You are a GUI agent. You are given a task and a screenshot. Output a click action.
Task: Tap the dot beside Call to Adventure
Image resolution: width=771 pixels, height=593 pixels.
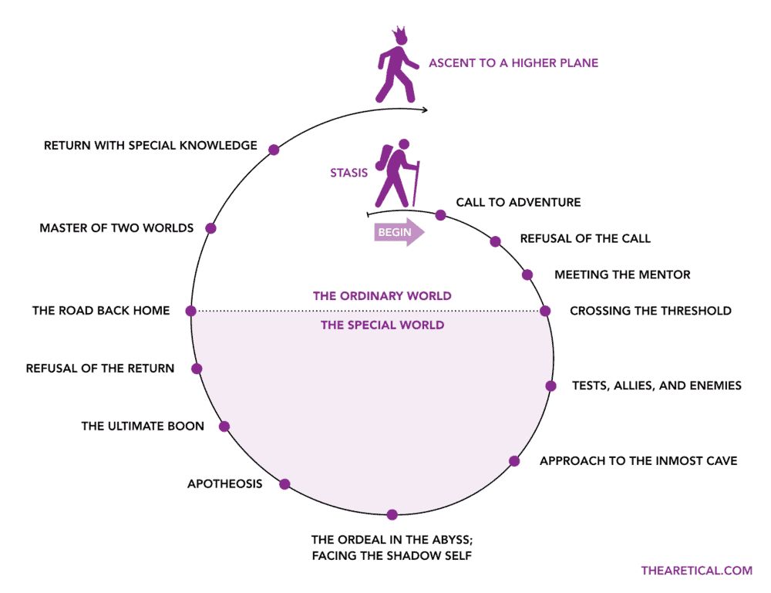[440, 215]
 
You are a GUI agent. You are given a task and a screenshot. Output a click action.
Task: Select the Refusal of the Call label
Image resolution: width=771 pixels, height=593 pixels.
[585, 238]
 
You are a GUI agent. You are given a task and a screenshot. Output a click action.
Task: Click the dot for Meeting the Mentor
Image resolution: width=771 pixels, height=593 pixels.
[527, 275]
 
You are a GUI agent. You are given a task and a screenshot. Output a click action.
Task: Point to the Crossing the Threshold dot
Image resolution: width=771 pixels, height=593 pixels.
[545, 311]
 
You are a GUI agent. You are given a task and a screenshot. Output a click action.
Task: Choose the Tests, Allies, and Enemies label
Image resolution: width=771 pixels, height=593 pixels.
[656, 385]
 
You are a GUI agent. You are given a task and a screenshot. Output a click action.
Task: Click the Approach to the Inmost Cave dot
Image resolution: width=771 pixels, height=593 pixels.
[514, 461]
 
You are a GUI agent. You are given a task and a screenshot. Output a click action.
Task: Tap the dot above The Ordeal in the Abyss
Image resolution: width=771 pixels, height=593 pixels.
[392, 514]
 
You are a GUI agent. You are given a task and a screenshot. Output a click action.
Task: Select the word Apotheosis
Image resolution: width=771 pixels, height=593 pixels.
[224, 483]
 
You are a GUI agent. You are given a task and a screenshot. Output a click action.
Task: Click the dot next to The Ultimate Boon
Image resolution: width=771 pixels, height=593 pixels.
[224, 426]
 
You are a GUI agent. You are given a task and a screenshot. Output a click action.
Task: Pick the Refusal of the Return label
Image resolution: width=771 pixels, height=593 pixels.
[100, 368]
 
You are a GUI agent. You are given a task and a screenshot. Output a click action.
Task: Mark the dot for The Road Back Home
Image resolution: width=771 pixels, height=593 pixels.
[191, 311]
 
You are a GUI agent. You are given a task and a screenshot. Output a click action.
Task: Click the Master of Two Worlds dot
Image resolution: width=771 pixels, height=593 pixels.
[210, 228]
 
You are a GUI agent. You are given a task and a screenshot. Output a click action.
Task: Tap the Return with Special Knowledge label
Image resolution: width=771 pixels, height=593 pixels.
[150, 145]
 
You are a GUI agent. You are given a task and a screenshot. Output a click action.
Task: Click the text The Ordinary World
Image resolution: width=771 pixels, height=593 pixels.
[382, 295]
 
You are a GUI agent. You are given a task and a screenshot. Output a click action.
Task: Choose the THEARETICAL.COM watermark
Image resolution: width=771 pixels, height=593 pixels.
[696, 571]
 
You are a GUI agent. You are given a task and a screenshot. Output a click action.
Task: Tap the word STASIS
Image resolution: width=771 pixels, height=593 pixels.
[348, 174]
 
